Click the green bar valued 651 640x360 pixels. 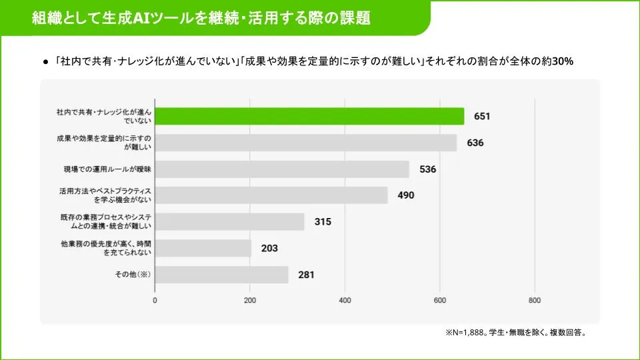tap(309, 116)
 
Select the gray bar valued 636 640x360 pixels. tap(306, 143)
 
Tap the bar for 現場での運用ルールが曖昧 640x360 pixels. tap(282, 169)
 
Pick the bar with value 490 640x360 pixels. tap(271, 195)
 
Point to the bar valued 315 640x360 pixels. tap(229, 222)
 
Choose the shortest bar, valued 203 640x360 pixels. tap(203, 248)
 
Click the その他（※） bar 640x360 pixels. tap(221, 275)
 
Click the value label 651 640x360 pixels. tap(482, 116)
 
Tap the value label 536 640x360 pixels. tap(427, 169)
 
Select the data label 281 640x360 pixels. tap(306, 275)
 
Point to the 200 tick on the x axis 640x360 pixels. tap(250, 301)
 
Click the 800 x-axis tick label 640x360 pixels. tap(535, 301)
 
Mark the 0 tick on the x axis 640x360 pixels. tap(155, 301)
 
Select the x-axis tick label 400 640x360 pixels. tap(345, 301)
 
